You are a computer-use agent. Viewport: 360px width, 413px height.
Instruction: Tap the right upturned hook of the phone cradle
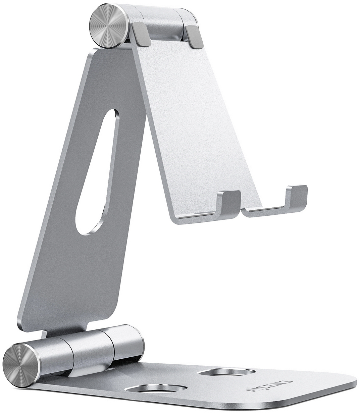click(296, 199)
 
